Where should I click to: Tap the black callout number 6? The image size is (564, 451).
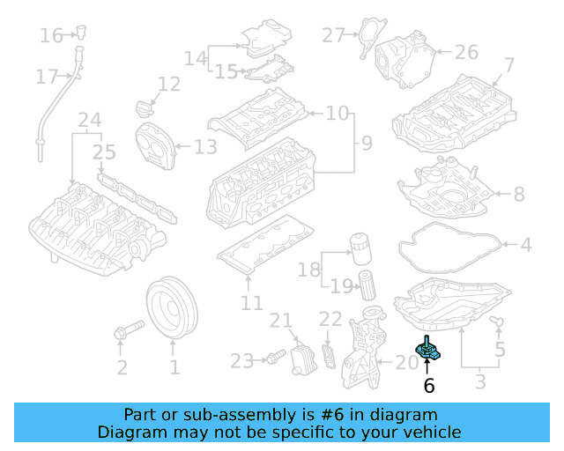[429, 385]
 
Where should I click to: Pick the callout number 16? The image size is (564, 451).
[51, 35]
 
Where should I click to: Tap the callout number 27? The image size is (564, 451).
[333, 35]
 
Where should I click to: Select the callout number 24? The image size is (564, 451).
[89, 120]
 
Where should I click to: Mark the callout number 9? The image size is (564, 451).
[367, 143]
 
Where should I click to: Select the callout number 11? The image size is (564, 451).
[251, 304]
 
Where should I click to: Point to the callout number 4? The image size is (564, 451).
[526, 245]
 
